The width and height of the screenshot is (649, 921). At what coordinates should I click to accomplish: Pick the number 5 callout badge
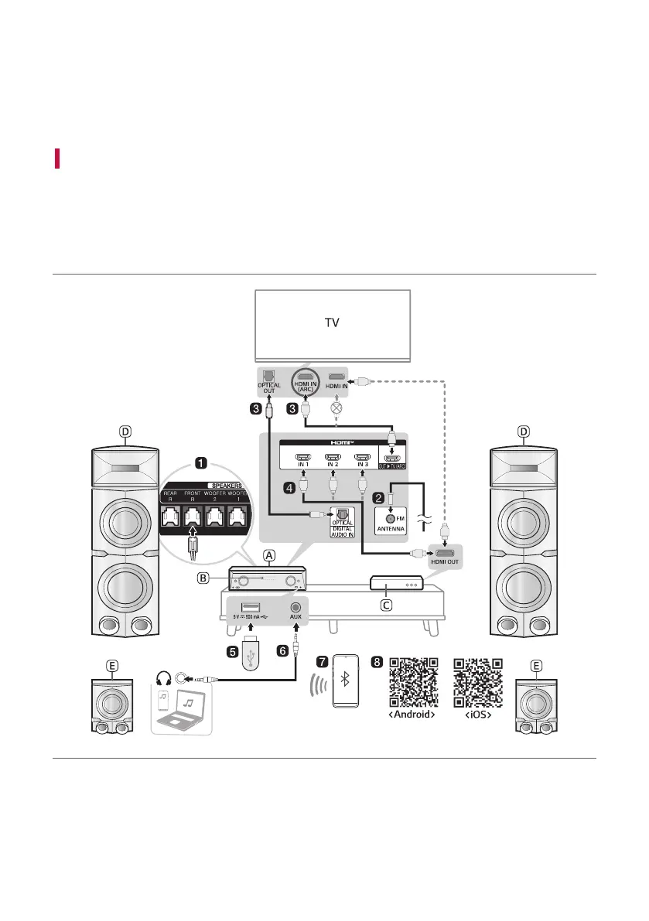point(233,651)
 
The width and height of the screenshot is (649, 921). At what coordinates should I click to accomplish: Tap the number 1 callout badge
point(201,463)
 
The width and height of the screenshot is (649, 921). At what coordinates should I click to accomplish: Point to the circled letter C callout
point(388,606)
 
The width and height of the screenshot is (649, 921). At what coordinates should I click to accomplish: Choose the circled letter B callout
point(203,578)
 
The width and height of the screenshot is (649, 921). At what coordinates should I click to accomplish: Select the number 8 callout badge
point(377,663)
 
